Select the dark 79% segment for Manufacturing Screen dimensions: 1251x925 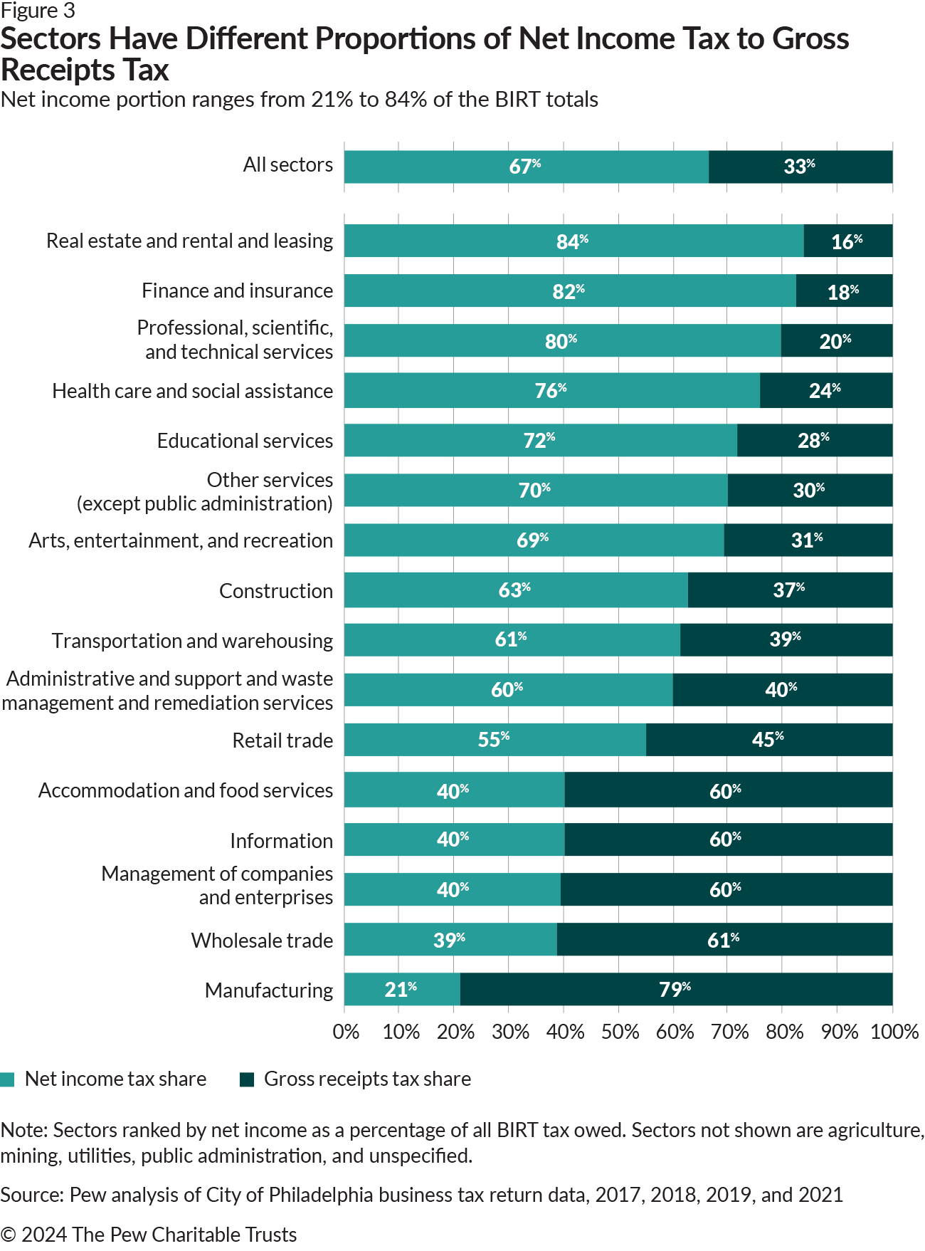(x=675, y=989)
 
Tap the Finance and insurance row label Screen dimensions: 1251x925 (x=237, y=290)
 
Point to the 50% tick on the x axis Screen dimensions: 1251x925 (x=620, y=1032)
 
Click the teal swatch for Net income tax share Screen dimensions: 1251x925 (x=8, y=1079)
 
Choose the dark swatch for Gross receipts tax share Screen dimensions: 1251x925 (x=247, y=1079)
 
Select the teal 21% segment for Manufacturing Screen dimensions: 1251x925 (x=401, y=989)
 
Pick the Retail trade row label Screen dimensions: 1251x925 (x=282, y=740)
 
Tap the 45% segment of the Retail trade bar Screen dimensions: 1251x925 (x=768, y=740)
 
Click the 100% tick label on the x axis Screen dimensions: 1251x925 (x=894, y=1032)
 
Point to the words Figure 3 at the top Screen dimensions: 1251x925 (x=38, y=11)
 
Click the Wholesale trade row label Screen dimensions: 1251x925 (x=262, y=941)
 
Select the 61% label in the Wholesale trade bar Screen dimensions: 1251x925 (x=723, y=941)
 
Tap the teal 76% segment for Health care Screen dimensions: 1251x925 (x=551, y=390)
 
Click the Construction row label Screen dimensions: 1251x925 (x=275, y=591)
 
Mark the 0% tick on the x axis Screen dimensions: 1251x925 (x=346, y=1032)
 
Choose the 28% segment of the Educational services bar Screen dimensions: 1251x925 (x=813, y=441)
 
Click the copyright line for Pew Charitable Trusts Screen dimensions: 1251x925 (x=149, y=1234)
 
